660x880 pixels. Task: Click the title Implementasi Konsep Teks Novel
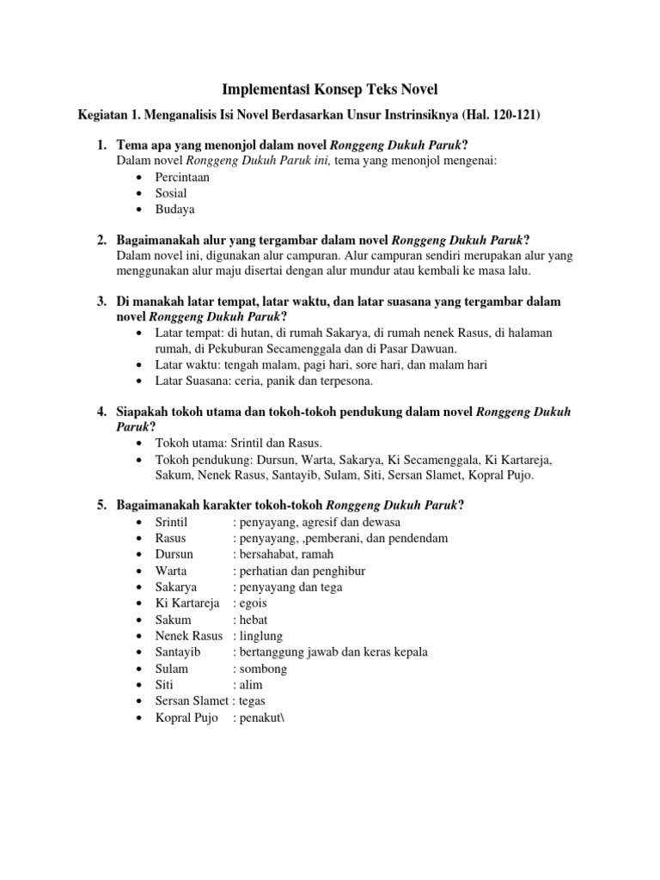pos(330,89)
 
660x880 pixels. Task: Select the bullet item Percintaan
pos(182,177)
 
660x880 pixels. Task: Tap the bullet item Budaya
pos(175,209)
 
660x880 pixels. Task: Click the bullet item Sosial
pos(171,193)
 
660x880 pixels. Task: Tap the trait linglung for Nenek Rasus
pos(263,636)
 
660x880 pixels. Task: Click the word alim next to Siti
pos(251,685)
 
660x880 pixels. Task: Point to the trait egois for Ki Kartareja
pos(254,603)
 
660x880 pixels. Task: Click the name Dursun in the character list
pos(174,554)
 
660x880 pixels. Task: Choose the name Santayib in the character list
pos(178,652)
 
